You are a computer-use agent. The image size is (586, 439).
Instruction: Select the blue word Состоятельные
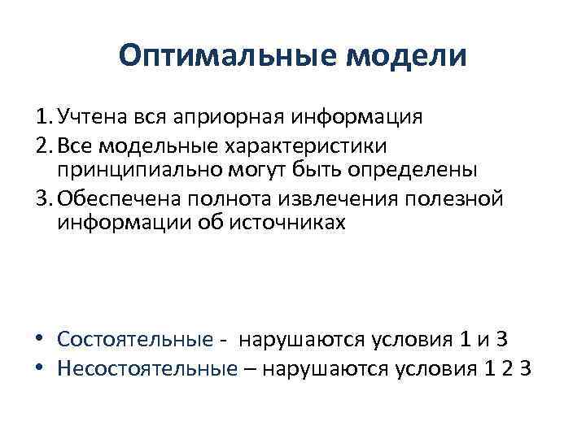[x=135, y=339]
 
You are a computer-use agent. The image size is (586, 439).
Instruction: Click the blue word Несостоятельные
[x=147, y=367]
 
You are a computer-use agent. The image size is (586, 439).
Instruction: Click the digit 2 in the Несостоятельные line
[x=504, y=367]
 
